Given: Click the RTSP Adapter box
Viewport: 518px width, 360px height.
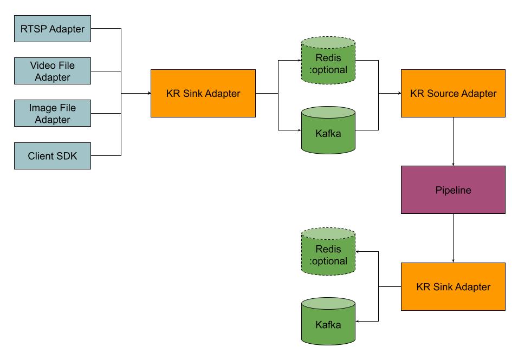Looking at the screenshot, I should coord(52,28).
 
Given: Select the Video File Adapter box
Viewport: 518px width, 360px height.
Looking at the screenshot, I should coord(52,71).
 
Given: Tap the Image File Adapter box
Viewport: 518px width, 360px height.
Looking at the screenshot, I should coord(52,113).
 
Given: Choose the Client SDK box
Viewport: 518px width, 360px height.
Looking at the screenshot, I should coord(52,156).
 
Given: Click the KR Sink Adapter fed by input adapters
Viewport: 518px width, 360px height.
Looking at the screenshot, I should coord(203,93).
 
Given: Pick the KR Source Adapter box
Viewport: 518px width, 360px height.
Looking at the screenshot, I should coord(453,93).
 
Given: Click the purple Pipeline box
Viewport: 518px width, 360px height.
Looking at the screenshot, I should coord(453,189).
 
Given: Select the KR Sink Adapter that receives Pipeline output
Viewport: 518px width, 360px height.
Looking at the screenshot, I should coord(453,286).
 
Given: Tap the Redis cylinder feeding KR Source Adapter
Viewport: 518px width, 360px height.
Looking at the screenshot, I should coord(328,61).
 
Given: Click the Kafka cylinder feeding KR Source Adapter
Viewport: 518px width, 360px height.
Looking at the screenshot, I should coord(328,130).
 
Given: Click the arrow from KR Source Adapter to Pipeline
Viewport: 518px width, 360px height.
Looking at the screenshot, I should coord(453,141).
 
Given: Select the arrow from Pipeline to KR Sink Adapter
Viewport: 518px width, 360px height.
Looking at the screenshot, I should coord(453,238).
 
